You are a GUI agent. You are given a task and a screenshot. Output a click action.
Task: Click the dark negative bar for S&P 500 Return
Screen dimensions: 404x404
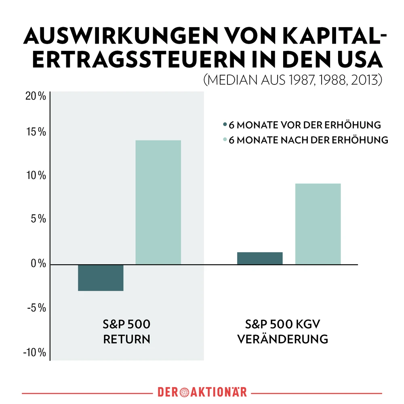click(101, 278)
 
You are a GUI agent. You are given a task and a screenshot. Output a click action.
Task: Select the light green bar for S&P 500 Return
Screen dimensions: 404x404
click(158, 202)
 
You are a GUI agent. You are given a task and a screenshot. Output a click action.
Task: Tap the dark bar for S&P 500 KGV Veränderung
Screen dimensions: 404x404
click(260, 258)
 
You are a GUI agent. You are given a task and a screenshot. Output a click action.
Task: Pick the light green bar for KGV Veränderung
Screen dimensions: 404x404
click(318, 224)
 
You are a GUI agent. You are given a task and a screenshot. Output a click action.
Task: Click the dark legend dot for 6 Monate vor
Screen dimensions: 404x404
click(225, 124)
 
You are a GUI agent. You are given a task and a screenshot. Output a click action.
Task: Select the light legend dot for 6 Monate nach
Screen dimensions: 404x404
click(225, 140)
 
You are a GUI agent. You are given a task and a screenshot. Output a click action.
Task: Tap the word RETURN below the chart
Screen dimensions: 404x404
click(126, 339)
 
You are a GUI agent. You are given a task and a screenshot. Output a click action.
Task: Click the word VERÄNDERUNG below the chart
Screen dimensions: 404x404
click(282, 339)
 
